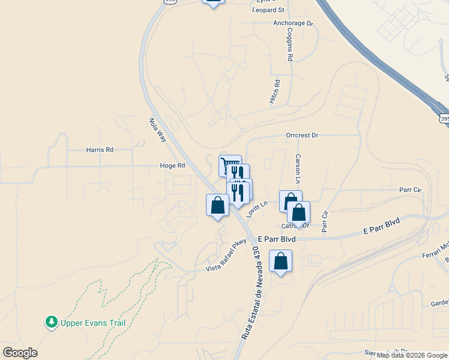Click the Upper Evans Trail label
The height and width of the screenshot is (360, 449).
coord(92,323)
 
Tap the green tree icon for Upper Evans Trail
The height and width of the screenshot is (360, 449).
coord(52,322)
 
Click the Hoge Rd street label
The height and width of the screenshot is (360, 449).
coord(172,166)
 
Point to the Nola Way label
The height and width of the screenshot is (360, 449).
coord(157,130)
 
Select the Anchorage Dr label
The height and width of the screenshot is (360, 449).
coord(294,23)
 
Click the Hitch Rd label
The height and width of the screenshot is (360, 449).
coord(274,92)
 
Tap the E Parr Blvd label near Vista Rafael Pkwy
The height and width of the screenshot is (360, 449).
coord(276,238)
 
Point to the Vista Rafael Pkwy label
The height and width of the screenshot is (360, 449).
coord(226,256)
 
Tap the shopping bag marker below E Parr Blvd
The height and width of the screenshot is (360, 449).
coord(280,261)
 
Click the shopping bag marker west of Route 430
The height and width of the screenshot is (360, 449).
coord(217,205)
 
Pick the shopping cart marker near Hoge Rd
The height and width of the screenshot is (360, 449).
coord(228,163)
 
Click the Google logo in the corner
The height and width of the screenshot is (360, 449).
coord(20,353)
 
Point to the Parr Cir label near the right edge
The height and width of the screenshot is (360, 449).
coord(411,190)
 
